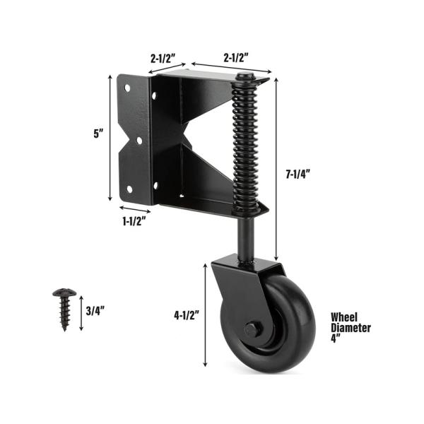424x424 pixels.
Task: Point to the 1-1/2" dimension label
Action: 132,221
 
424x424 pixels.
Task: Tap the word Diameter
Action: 350,327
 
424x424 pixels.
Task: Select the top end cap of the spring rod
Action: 244,77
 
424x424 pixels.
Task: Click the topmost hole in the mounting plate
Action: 128,89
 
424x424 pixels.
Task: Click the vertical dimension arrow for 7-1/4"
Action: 276,170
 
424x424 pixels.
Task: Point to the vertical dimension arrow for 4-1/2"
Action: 206,314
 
